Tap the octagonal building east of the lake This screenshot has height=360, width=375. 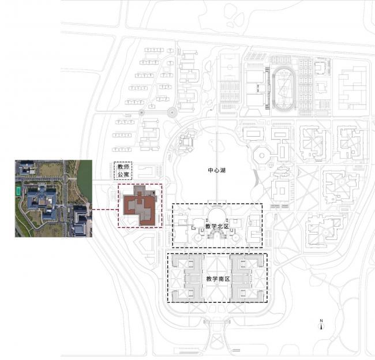(x=261, y=156)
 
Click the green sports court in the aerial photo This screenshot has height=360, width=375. (x=20, y=190)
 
